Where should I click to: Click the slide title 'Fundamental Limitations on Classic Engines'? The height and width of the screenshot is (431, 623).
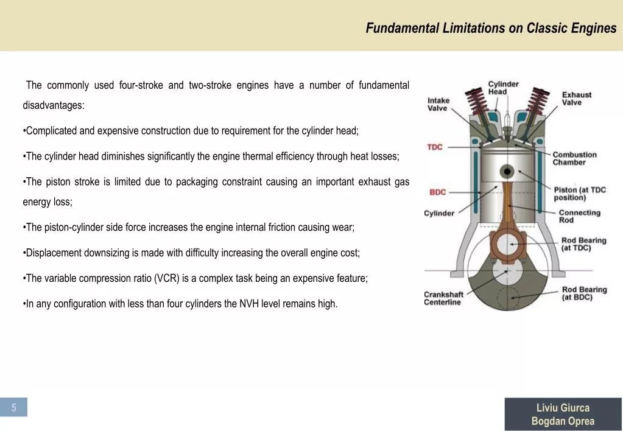[x=491, y=28]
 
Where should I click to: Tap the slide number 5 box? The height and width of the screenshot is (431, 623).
[x=14, y=407]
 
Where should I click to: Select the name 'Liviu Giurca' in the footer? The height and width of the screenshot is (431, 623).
[x=563, y=408]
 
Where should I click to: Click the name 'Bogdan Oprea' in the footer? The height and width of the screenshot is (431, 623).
[x=563, y=421]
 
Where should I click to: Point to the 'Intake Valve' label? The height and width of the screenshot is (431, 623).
[x=438, y=104]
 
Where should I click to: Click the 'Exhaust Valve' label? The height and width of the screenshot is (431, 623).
[x=576, y=99]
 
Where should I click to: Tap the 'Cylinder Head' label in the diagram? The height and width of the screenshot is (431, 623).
[x=503, y=88]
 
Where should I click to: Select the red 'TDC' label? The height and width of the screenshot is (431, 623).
[x=435, y=147]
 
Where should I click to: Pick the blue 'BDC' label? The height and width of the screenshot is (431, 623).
[x=437, y=192]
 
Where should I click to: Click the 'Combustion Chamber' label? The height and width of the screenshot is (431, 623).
[x=574, y=158]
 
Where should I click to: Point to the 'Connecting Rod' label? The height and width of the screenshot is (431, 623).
[x=579, y=216]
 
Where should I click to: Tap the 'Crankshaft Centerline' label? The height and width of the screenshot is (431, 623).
[x=443, y=298]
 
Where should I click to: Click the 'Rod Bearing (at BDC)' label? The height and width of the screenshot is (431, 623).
[x=584, y=293]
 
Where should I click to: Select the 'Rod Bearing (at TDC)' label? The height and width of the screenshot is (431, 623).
[x=583, y=244]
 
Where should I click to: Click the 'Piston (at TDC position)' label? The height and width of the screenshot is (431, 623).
[x=579, y=194]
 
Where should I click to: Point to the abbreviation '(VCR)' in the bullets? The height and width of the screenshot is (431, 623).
[x=166, y=278]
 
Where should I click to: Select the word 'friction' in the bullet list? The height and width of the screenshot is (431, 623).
[x=284, y=227]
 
